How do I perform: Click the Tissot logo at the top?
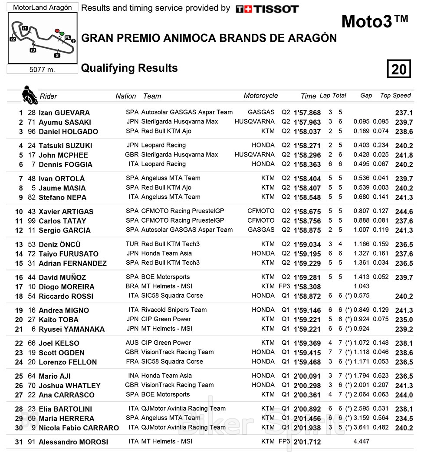[267, 9]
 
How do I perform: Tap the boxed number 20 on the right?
[398, 69]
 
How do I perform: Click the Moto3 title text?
[375, 21]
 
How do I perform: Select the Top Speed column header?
[395, 96]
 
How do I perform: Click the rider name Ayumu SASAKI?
[65, 122]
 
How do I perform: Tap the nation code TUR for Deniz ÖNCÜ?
[132, 244]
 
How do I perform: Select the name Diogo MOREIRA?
[66, 287]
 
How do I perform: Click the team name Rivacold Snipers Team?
[174, 310]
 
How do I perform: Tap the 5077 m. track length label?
[42, 70]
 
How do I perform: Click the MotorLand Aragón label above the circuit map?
[42, 7]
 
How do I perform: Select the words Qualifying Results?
[129, 68]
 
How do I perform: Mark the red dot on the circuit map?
[57, 31]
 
